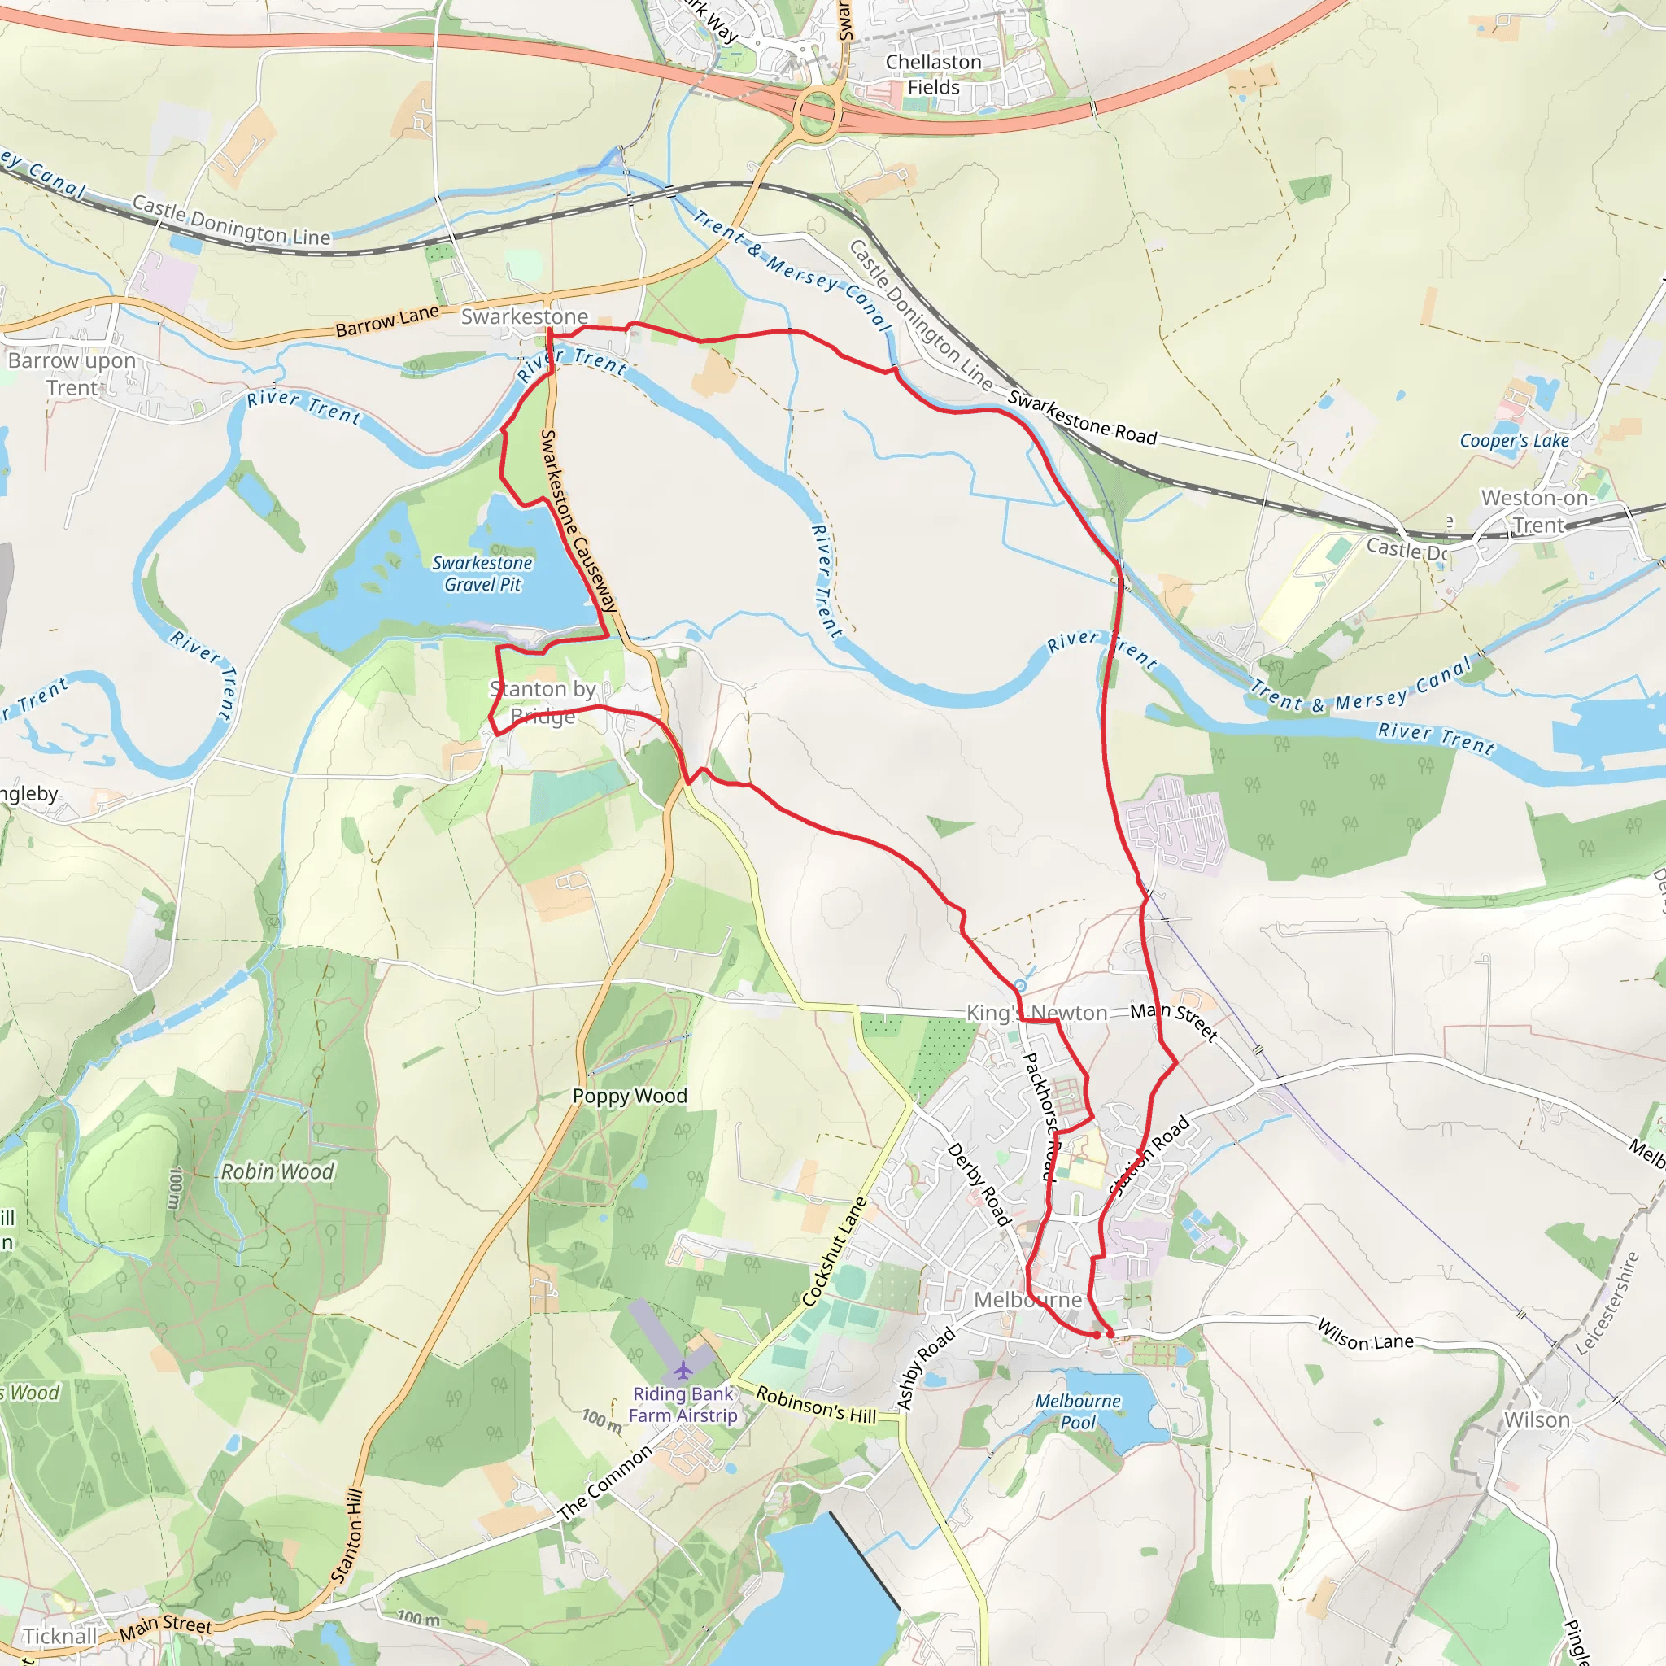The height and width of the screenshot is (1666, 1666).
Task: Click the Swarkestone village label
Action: (525, 316)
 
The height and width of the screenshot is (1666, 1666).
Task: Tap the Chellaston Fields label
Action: (933, 75)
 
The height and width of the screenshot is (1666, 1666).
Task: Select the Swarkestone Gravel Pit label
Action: (482, 574)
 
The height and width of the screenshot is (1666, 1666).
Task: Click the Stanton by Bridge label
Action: (543, 702)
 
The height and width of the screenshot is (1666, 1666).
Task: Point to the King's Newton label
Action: (1036, 1014)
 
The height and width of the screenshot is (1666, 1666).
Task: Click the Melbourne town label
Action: (1027, 1299)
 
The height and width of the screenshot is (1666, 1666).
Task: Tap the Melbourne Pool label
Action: (1078, 1411)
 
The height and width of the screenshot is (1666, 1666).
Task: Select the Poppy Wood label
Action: (630, 1096)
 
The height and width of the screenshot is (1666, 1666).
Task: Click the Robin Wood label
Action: (277, 1172)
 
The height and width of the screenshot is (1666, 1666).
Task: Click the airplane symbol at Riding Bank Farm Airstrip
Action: (683, 1369)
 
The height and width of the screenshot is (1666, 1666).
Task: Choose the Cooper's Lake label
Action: (1514, 441)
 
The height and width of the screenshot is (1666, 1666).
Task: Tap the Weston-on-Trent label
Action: (1538, 512)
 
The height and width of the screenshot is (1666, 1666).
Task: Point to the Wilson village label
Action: (1537, 1420)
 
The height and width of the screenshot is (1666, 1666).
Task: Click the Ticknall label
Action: (60, 1636)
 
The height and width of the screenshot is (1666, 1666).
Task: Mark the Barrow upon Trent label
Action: (72, 373)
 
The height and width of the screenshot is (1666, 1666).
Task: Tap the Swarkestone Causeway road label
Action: (578, 521)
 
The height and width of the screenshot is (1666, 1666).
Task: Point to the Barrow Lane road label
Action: (387, 321)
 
